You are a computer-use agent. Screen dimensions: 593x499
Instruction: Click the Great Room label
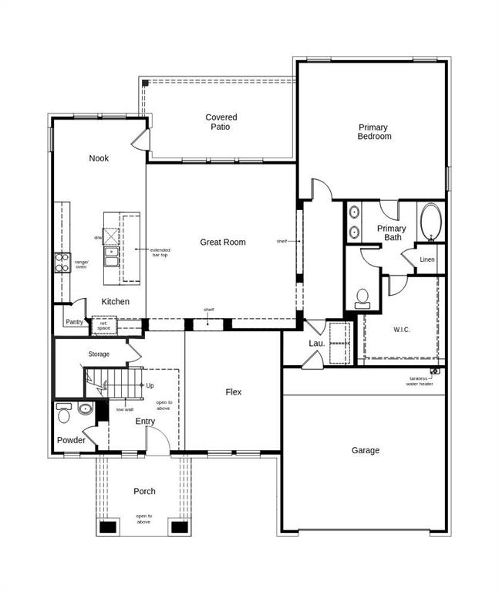(x=223, y=242)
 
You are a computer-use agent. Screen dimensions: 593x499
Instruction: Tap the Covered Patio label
(x=221, y=122)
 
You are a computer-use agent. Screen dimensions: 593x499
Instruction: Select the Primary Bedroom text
(x=374, y=132)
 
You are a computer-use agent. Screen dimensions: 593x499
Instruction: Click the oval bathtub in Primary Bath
(x=429, y=222)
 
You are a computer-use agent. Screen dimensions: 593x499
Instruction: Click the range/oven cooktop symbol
(x=62, y=263)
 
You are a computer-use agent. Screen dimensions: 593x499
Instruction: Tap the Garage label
(x=366, y=450)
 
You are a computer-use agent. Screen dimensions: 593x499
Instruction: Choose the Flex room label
(x=234, y=392)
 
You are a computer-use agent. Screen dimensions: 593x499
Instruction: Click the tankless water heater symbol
(x=434, y=371)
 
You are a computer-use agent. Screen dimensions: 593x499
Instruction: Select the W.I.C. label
(x=402, y=330)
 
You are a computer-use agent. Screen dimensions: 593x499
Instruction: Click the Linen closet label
(x=427, y=259)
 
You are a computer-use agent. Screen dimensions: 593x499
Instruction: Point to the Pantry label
(x=74, y=322)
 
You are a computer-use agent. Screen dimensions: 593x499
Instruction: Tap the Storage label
(x=99, y=354)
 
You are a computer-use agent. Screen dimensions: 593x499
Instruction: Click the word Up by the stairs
(x=150, y=385)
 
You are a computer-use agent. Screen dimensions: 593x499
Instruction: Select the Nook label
(x=99, y=158)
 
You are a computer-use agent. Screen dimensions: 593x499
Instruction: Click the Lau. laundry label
(x=316, y=342)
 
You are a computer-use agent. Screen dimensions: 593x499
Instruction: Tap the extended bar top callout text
(x=160, y=252)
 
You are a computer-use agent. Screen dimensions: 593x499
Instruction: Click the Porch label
(x=144, y=491)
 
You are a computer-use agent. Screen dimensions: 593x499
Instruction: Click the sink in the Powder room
(x=85, y=408)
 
